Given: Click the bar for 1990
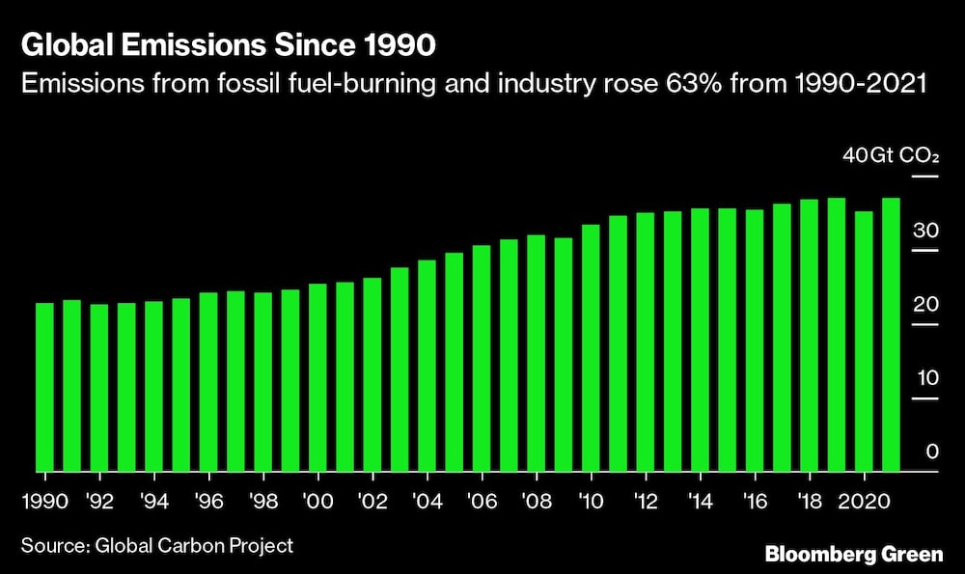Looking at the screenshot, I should [x=44, y=387].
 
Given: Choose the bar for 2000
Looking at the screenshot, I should [x=317, y=377].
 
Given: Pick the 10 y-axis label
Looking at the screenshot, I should [x=926, y=377].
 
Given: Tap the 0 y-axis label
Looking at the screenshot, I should [x=932, y=451].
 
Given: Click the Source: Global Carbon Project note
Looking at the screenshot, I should [x=156, y=546].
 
